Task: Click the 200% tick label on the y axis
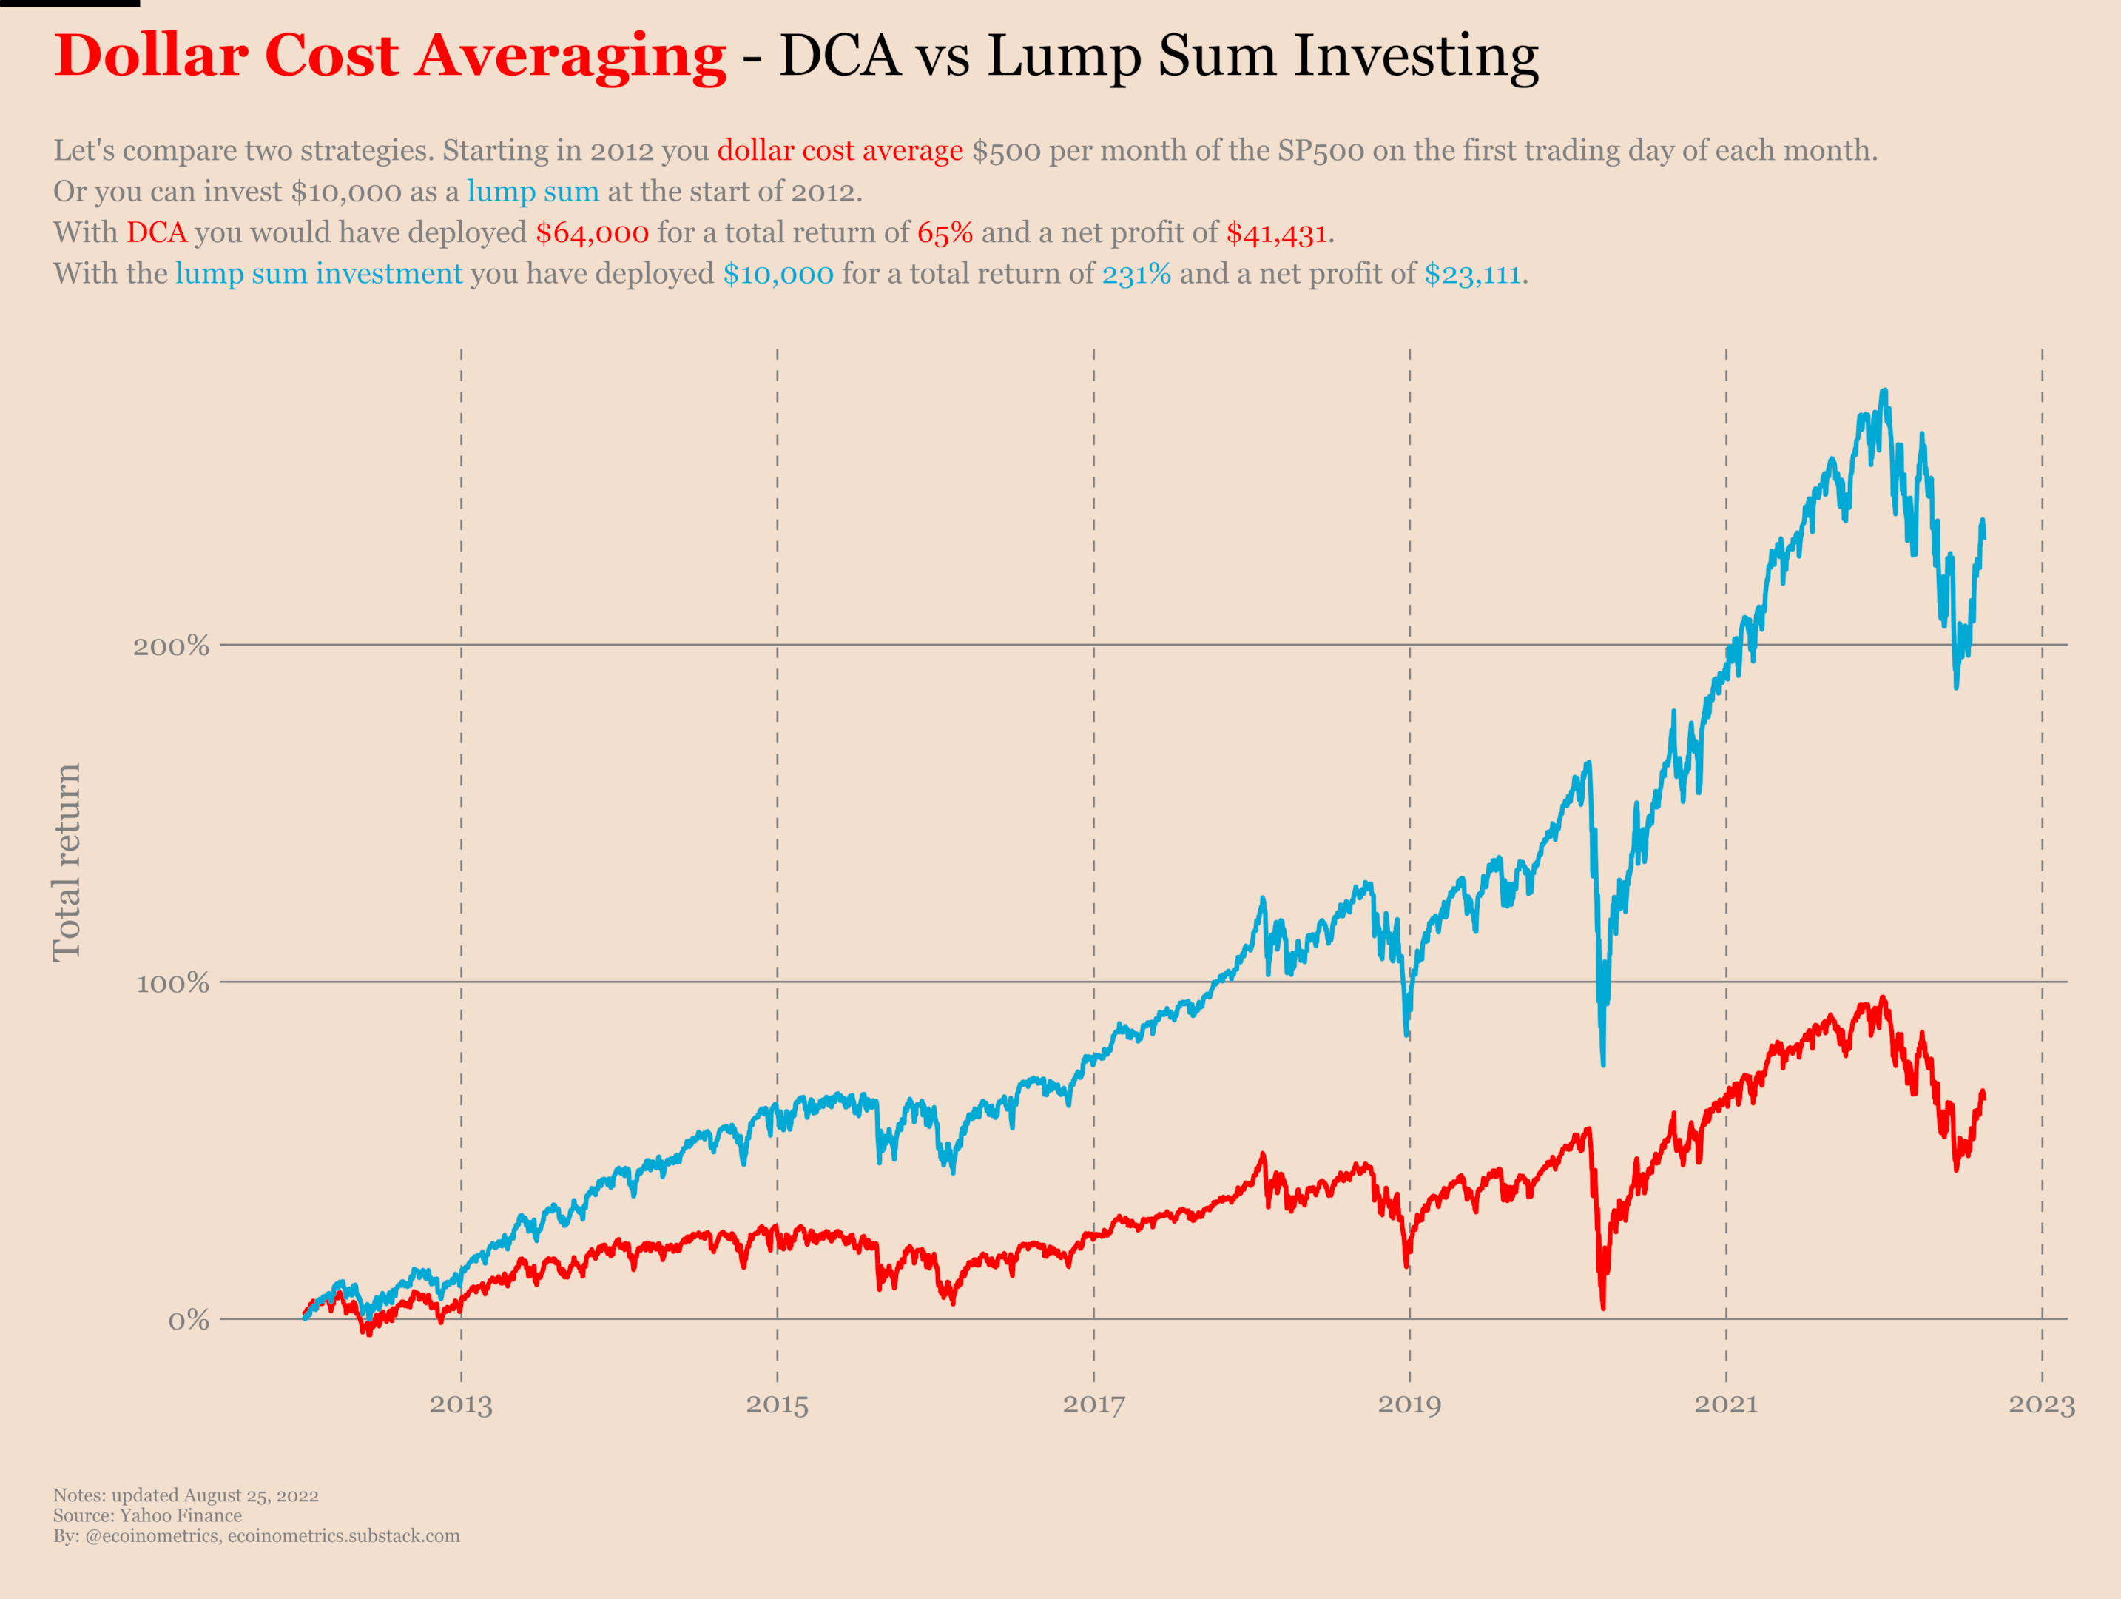[x=171, y=646]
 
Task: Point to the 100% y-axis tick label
[x=172, y=983]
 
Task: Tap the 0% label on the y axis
[x=188, y=1321]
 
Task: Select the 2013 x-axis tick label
[x=460, y=1405]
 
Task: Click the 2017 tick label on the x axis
[x=1093, y=1405]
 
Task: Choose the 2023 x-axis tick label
[x=2041, y=1405]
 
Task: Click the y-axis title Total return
[x=67, y=862]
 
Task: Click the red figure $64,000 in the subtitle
[x=592, y=233]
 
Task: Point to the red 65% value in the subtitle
[x=945, y=233]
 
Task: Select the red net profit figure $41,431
[x=1276, y=233]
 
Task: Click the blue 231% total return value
[x=1136, y=275]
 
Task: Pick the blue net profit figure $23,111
[x=1472, y=275]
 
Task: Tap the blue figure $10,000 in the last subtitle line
[x=778, y=275]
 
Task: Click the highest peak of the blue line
[x=1885, y=392]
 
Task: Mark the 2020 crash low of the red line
[x=1602, y=1306]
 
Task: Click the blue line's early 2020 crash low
[x=1602, y=1063]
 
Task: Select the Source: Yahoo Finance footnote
[x=148, y=1515]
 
